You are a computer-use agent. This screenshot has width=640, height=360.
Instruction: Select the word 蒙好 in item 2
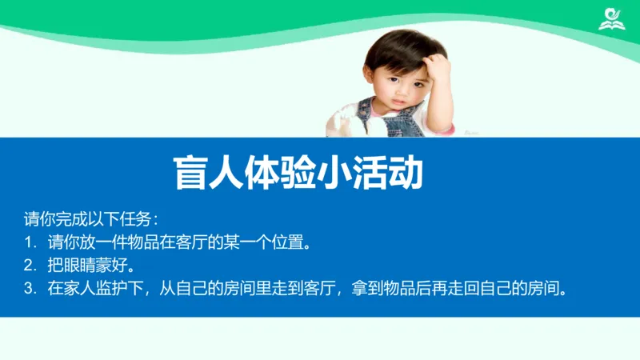tap(114, 265)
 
